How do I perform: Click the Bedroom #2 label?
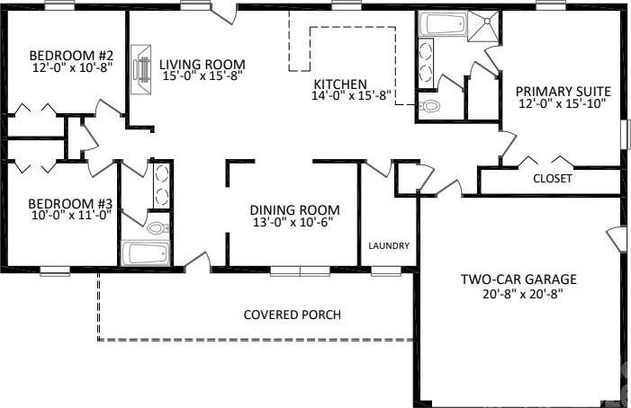(x=71, y=55)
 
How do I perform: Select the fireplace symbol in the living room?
(x=141, y=70)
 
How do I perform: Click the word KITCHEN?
(x=340, y=84)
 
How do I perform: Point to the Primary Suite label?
(x=563, y=92)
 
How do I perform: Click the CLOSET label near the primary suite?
(x=552, y=178)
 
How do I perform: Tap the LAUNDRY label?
(x=389, y=245)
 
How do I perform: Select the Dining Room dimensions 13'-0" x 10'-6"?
(x=293, y=222)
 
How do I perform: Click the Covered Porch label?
(x=293, y=315)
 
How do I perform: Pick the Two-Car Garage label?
(x=518, y=279)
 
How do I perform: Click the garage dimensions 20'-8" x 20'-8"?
(x=523, y=295)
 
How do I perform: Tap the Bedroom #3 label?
(x=70, y=204)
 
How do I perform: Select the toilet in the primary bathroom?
(x=429, y=106)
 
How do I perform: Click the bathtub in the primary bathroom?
(x=442, y=23)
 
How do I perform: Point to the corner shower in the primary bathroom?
(x=482, y=26)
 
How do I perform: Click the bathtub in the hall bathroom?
(x=146, y=253)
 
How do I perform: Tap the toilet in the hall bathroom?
(x=158, y=229)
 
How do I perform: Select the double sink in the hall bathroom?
(x=161, y=185)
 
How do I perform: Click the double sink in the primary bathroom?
(x=426, y=63)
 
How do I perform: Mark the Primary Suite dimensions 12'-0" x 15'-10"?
(x=563, y=103)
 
